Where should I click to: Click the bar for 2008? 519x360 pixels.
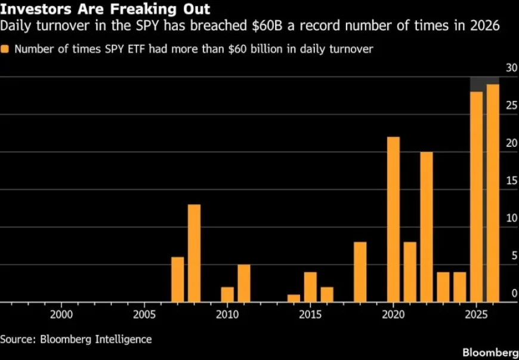[194, 253]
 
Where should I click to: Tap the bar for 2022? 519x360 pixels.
[426, 227]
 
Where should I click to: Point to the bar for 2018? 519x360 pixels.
[360, 272]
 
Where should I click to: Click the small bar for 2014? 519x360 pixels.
[294, 298]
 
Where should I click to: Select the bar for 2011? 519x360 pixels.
[243, 283]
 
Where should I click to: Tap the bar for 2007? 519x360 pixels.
[177, 279]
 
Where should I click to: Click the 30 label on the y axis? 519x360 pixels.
[511, 69]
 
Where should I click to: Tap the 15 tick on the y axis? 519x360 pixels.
[511, 181]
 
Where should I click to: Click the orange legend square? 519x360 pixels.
[5, 49]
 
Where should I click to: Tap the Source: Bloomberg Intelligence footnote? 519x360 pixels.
[76, 339]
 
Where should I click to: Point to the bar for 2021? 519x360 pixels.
[410, 272]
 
